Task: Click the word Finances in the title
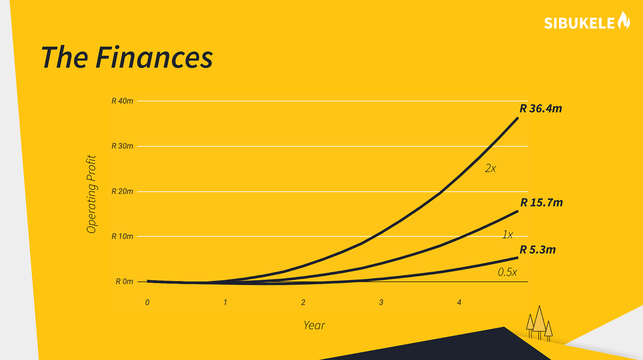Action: coord(154,57)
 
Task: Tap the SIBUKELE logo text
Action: coord(579,23)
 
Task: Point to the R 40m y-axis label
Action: coord(122,101)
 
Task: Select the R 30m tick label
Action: coord(122,146)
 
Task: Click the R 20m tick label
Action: coord(122,191)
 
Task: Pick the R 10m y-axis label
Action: coord(122,236)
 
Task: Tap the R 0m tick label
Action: coord(124,281)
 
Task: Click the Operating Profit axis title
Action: coord(91,194)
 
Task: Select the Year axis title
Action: coord(314,325)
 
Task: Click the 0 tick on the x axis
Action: coord(147,302)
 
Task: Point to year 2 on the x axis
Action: coord(303,302)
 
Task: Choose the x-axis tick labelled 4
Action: coord(459,302)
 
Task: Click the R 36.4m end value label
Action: coord(541,109)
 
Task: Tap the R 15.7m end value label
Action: coord(542,203)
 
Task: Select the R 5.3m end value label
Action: coord(538,249)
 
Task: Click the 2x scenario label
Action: coord(490,168)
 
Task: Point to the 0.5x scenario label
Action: coord(507,272)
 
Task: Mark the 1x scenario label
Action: coord(507,235)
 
